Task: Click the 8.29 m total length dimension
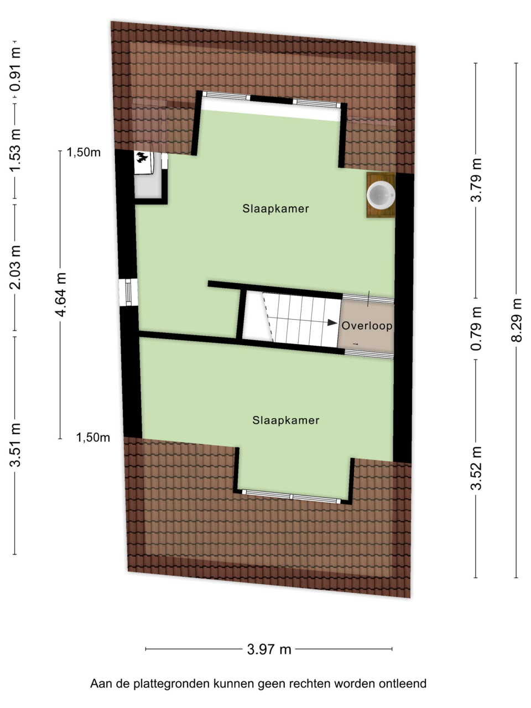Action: click(x=516, y=320)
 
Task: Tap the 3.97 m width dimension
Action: click(x=269, y=649)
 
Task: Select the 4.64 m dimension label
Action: click(x=60, y=294)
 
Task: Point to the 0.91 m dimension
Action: click(x=15, y=69)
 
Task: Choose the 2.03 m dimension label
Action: click(x=15, y=267)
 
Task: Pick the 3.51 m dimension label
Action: click(x=15, y=445)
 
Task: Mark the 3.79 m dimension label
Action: click(x=476, y=180)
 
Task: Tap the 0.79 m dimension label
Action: click(x=476, y=329)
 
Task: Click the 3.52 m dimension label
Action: click(x=476, y=468)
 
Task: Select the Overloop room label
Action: click(x=367, y=326)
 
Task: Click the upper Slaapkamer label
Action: click(x=275, y=209)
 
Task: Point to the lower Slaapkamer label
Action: click(x=285, y=420)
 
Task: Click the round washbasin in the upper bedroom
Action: click(x=381, y=195)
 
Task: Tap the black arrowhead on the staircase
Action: click(x=332, y=322)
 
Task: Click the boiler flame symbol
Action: click(x=142, y=158)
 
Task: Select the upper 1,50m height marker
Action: click(x=84, y=152)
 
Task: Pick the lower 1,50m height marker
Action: click(x=93, y=438)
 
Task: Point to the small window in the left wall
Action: click(x=128, y=292)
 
